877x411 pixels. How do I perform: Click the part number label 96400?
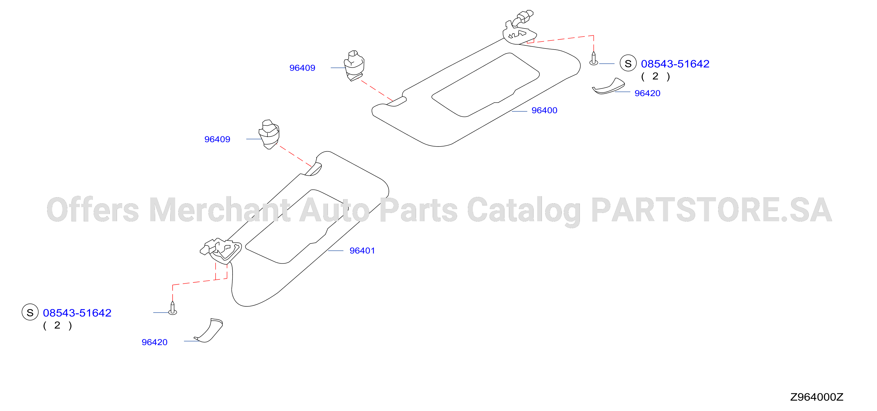[x=544, y=110]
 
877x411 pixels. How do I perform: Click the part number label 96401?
[x=362, y=250]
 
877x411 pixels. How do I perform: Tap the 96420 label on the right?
[x=647, y=93]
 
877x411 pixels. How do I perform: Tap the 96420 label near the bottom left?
[x=155, y=342]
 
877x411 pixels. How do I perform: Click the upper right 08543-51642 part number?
[x=675, y=64]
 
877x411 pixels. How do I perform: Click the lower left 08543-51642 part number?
[x=77, y=313]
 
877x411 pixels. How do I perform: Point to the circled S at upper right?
[x=628, y=63]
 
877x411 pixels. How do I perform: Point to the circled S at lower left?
[x=30, y=312]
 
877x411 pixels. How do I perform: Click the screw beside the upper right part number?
[x=594, y=58]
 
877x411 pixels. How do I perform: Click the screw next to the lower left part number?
[x=173, y=308]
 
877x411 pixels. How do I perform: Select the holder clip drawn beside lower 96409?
[x=269, y=134]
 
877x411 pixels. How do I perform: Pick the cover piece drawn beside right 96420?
[x=608, y=86]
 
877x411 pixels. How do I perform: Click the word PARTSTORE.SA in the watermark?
[x=712, y=210]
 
